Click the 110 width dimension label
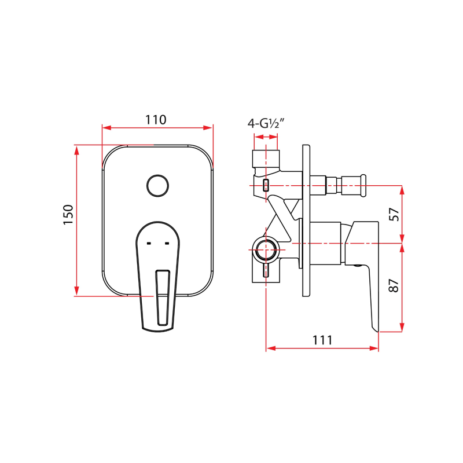[156, 120]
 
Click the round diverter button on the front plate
[157, 186]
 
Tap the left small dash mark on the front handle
[149, 244]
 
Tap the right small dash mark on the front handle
[168, 244]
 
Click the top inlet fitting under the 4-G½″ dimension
[266, 157]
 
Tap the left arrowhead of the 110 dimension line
[105, 128]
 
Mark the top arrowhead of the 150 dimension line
[76, 148]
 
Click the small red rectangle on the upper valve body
[266, 185]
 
